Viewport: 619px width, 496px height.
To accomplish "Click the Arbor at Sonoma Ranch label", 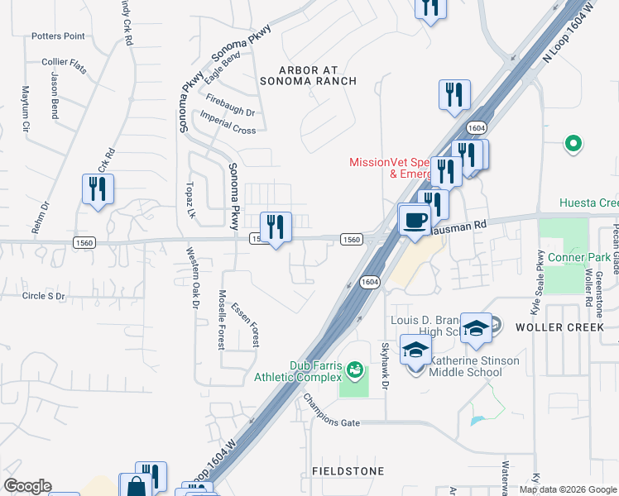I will pyautogui.click(x=308, y=75).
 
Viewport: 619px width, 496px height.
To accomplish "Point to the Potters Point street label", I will pyautogui.click(x=58, y=36).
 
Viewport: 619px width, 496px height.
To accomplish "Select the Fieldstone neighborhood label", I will pyautogui.click(x=348, y=471).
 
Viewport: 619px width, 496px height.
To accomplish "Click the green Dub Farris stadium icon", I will pyautogui.click(x=355, y=368).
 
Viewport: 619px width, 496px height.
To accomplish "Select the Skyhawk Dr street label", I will pyautogui.click(x=385, y=365).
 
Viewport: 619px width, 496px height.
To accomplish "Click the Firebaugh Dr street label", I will pyautogui.click(x=230, y=106).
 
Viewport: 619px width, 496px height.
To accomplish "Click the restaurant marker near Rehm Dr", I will pyautogui.click(x=98, y=189).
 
